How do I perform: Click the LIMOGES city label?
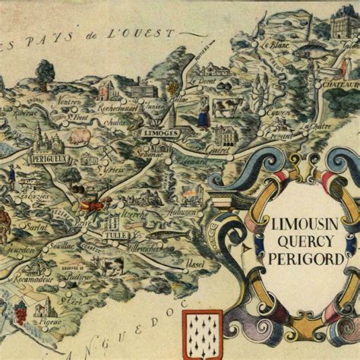161,133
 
